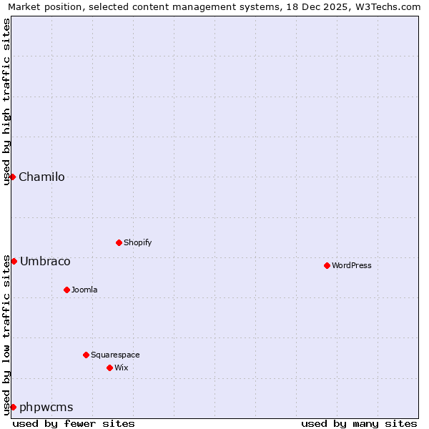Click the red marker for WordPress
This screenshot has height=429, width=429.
[327, 265]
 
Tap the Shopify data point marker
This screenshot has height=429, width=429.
[119, 242]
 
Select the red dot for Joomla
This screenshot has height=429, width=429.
[66, 290]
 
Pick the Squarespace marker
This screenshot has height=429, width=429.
[86, 355]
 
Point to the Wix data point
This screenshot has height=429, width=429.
[109, 368]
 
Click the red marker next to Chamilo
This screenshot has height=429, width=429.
[13, 177]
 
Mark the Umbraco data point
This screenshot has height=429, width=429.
[14, 261]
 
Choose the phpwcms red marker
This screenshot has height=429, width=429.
[13, 407]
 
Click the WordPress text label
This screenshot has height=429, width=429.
[352, 265]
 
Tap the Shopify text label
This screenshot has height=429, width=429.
[138, 242]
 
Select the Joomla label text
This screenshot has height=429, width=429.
[84, 290]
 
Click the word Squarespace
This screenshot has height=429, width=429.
[115, 355]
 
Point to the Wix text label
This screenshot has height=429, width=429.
[122, 368]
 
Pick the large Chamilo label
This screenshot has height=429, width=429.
[41, 177]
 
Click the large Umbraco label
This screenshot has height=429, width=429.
[45, 262]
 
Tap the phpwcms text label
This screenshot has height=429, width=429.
[46, 408]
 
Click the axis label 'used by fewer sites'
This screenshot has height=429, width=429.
[74, 423]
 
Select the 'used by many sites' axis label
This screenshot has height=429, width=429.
[359, 423]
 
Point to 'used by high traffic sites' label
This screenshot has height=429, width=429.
[6, 102]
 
